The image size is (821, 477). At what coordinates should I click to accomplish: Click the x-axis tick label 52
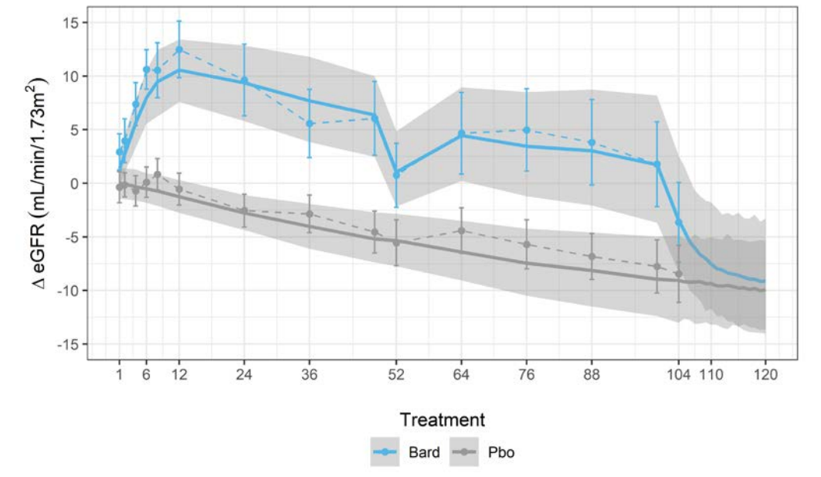click(396, 374)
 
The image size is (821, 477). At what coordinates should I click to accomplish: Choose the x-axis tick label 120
click(765, 374)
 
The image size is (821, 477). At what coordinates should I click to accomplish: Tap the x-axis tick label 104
click(678, 374)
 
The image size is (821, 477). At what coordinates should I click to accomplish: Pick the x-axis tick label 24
click(244, 374)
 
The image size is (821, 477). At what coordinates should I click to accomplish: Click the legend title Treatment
click(443, 420)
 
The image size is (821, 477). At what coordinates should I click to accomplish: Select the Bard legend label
click(423, 452)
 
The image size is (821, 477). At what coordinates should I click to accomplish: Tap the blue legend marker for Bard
click(387, 452)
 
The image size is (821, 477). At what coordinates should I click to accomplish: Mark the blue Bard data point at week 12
click(179, 49)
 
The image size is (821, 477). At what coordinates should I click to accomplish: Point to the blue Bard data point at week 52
click(396, 175)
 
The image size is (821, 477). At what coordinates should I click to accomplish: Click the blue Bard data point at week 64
click(461, 134)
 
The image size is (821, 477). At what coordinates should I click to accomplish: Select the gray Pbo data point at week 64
click(461, 230)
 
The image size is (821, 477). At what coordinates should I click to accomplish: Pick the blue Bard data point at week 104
click(678, 222)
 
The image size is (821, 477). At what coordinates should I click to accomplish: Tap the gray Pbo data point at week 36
click(309, 214)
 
